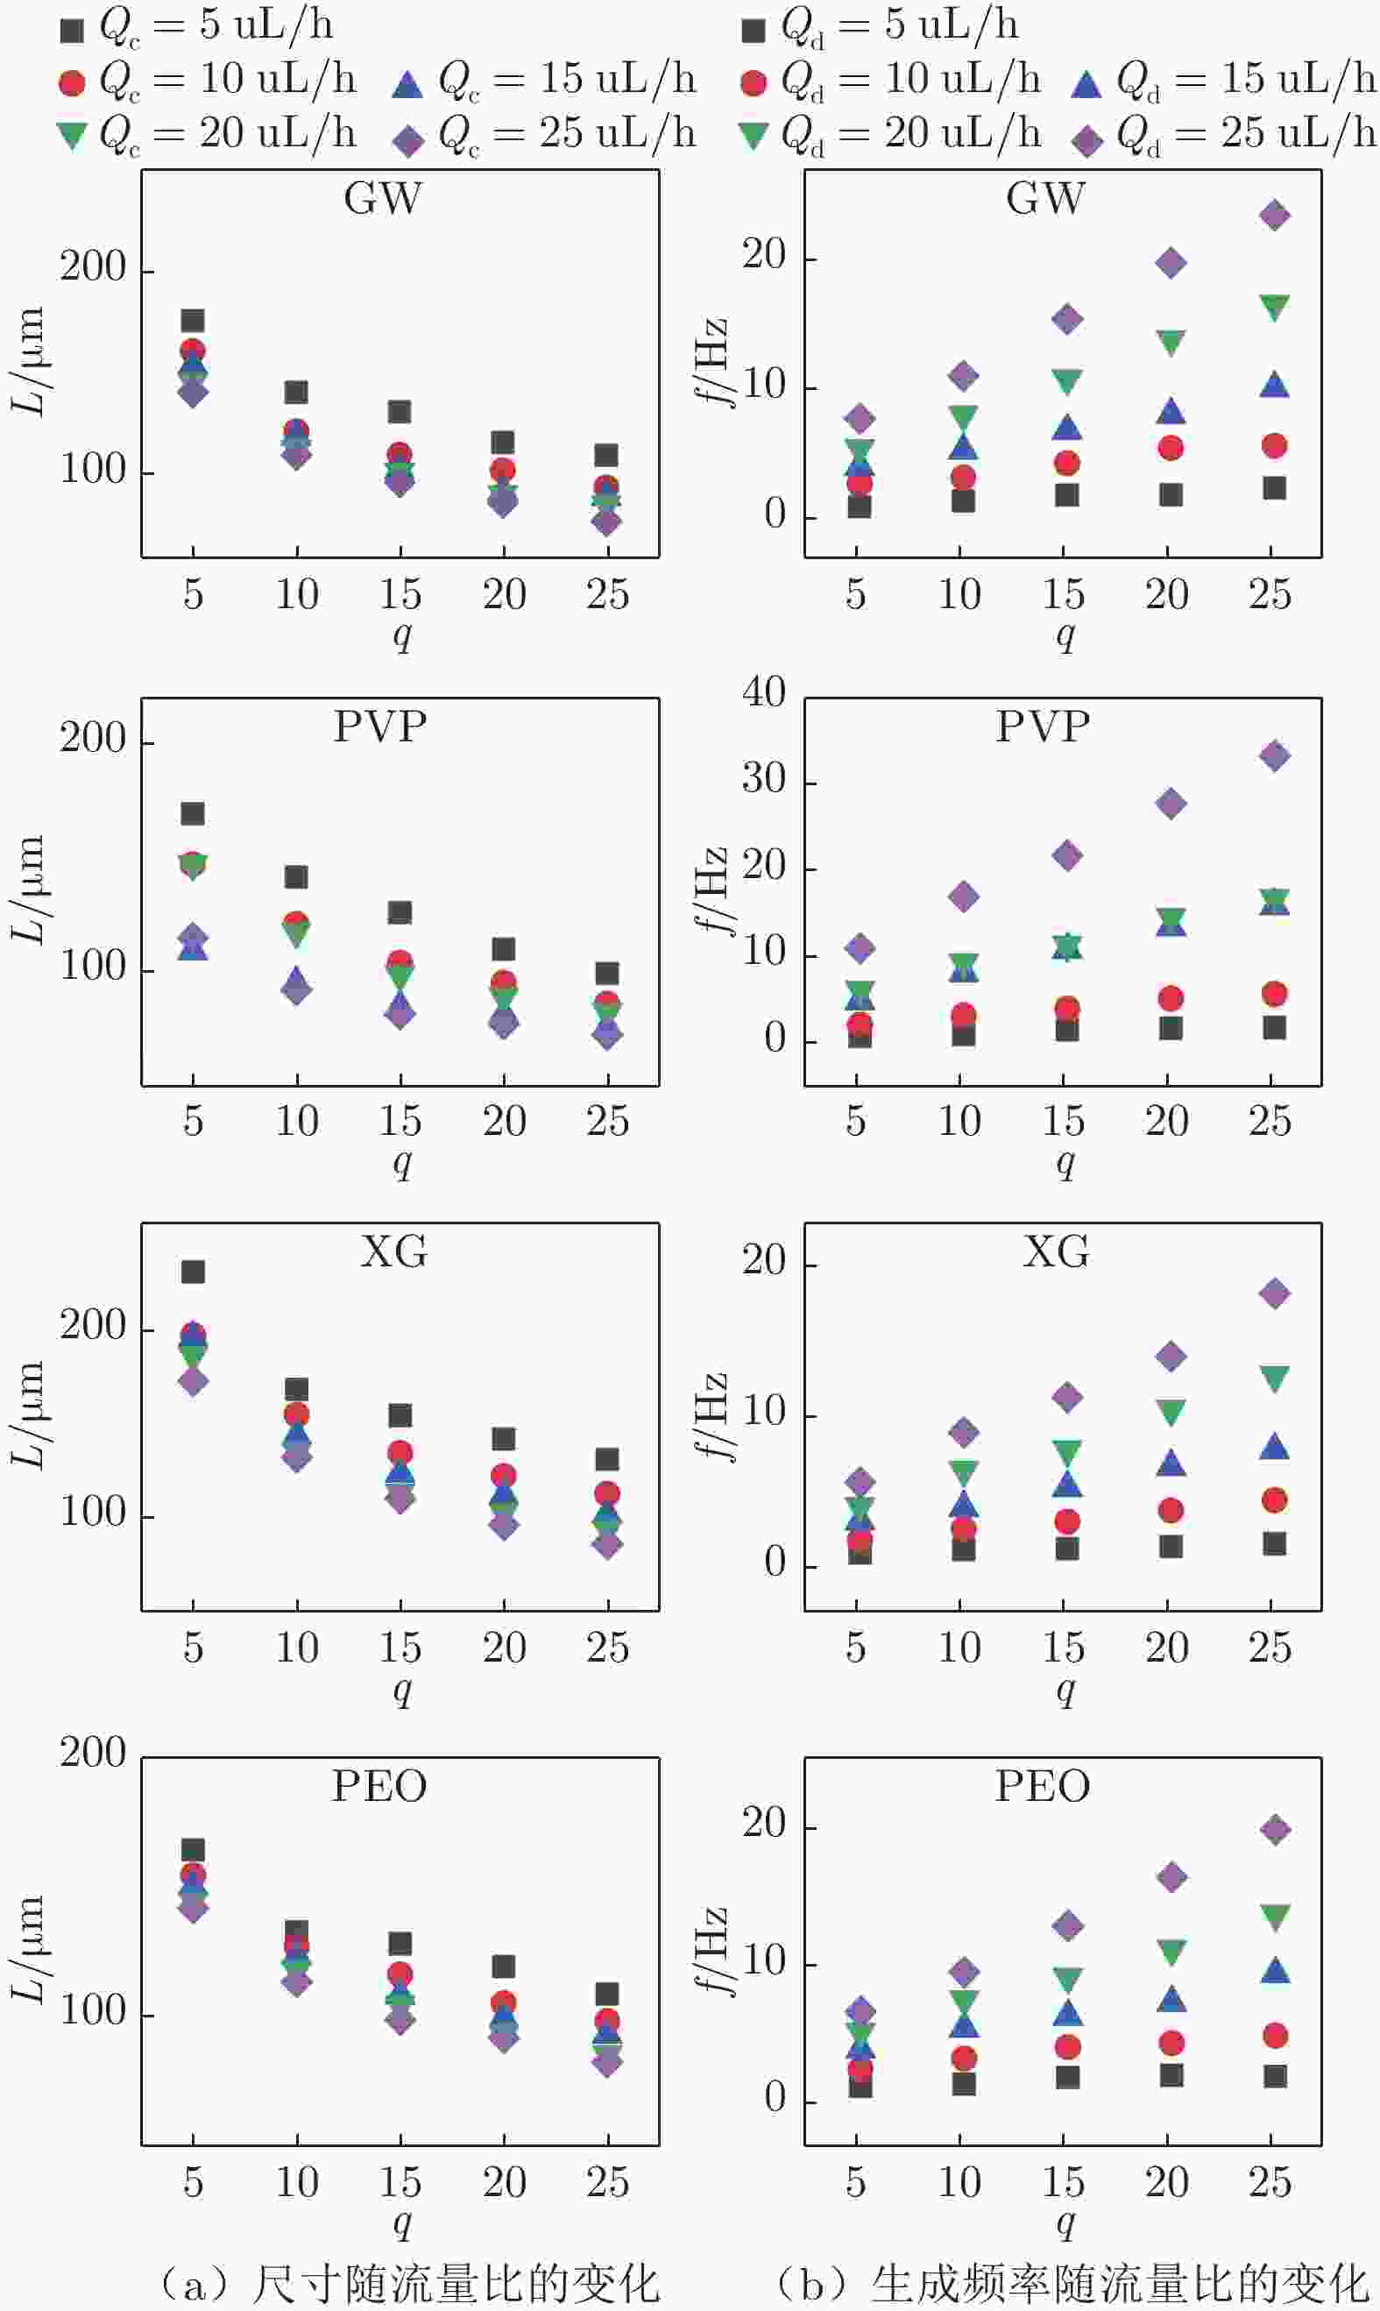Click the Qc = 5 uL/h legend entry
[x=195, y=26]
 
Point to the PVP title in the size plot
[x=380, y=727]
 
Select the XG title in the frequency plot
[x=1056, y=1252]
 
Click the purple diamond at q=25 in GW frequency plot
[x=1274, y=216]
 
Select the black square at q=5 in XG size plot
[x=193, y=1272]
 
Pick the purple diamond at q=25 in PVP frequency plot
[x=1274, y=755]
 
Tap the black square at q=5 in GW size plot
[x=193, y=320]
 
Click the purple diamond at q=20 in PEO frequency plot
[x=1171, y=1876]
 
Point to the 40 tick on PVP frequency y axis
[x=763, y=692]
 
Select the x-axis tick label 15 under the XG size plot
[x=400, y=1647]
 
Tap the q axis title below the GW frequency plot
[x=1065, y=635]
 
